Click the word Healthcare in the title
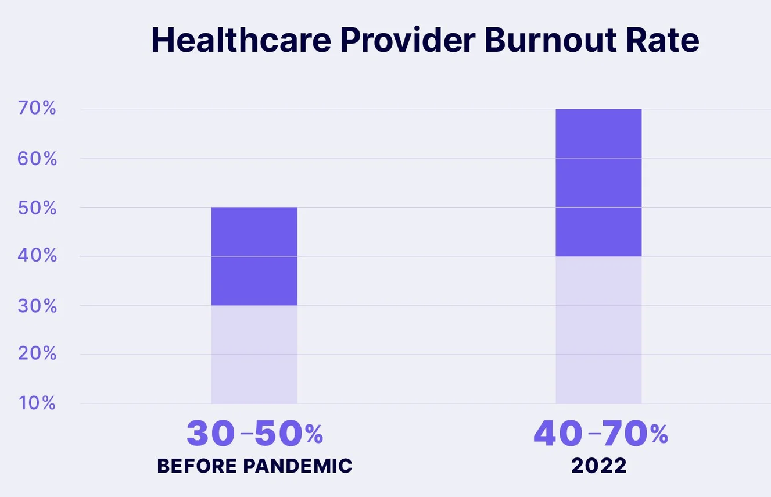[x=241, y=40]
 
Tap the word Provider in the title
[x=408, y=40]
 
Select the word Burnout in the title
[x=550, y=40]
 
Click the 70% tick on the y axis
[x=37, y=108]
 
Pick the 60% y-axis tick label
[x=37, y=159]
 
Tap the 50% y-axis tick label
[x=37, y=208]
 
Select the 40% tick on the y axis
[x=37, y=256]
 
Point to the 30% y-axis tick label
[x=37, y=306]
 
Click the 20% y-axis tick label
[x=37, y=353]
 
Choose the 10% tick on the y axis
[x=37, y=403]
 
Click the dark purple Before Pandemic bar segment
[x=254, y=256]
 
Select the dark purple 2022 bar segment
[x=598, y=183]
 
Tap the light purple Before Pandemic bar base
[x=254, y=355]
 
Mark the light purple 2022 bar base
[x=598, y=330]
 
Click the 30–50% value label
[x=254, y=433]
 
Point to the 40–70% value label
[x=601, y=433]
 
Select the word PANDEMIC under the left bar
[x=297, y=466]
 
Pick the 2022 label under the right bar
[x=599, y=466]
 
